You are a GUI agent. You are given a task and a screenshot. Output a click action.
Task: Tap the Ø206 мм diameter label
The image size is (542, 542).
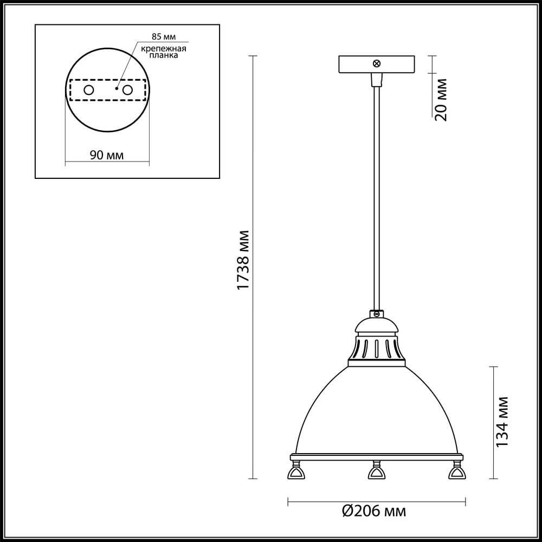click(x=375, y=511)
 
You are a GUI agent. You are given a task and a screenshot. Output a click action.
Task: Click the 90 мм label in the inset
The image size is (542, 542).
click(x=106, y=156)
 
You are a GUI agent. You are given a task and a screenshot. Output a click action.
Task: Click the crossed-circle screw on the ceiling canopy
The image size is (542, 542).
click(x=376, y=64)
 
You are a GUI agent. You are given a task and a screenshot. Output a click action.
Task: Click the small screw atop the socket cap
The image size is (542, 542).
click(x=375, y=313)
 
